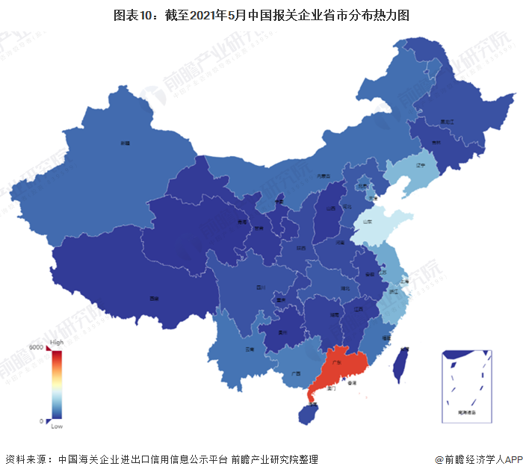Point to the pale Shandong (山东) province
click(368, 222)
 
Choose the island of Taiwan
click(401, 364)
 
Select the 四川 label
click(261, 287)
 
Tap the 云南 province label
click(250, 349)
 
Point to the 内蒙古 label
click(324, 176)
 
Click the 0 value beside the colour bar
click(41, 421)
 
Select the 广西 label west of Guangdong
click(296, 373)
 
